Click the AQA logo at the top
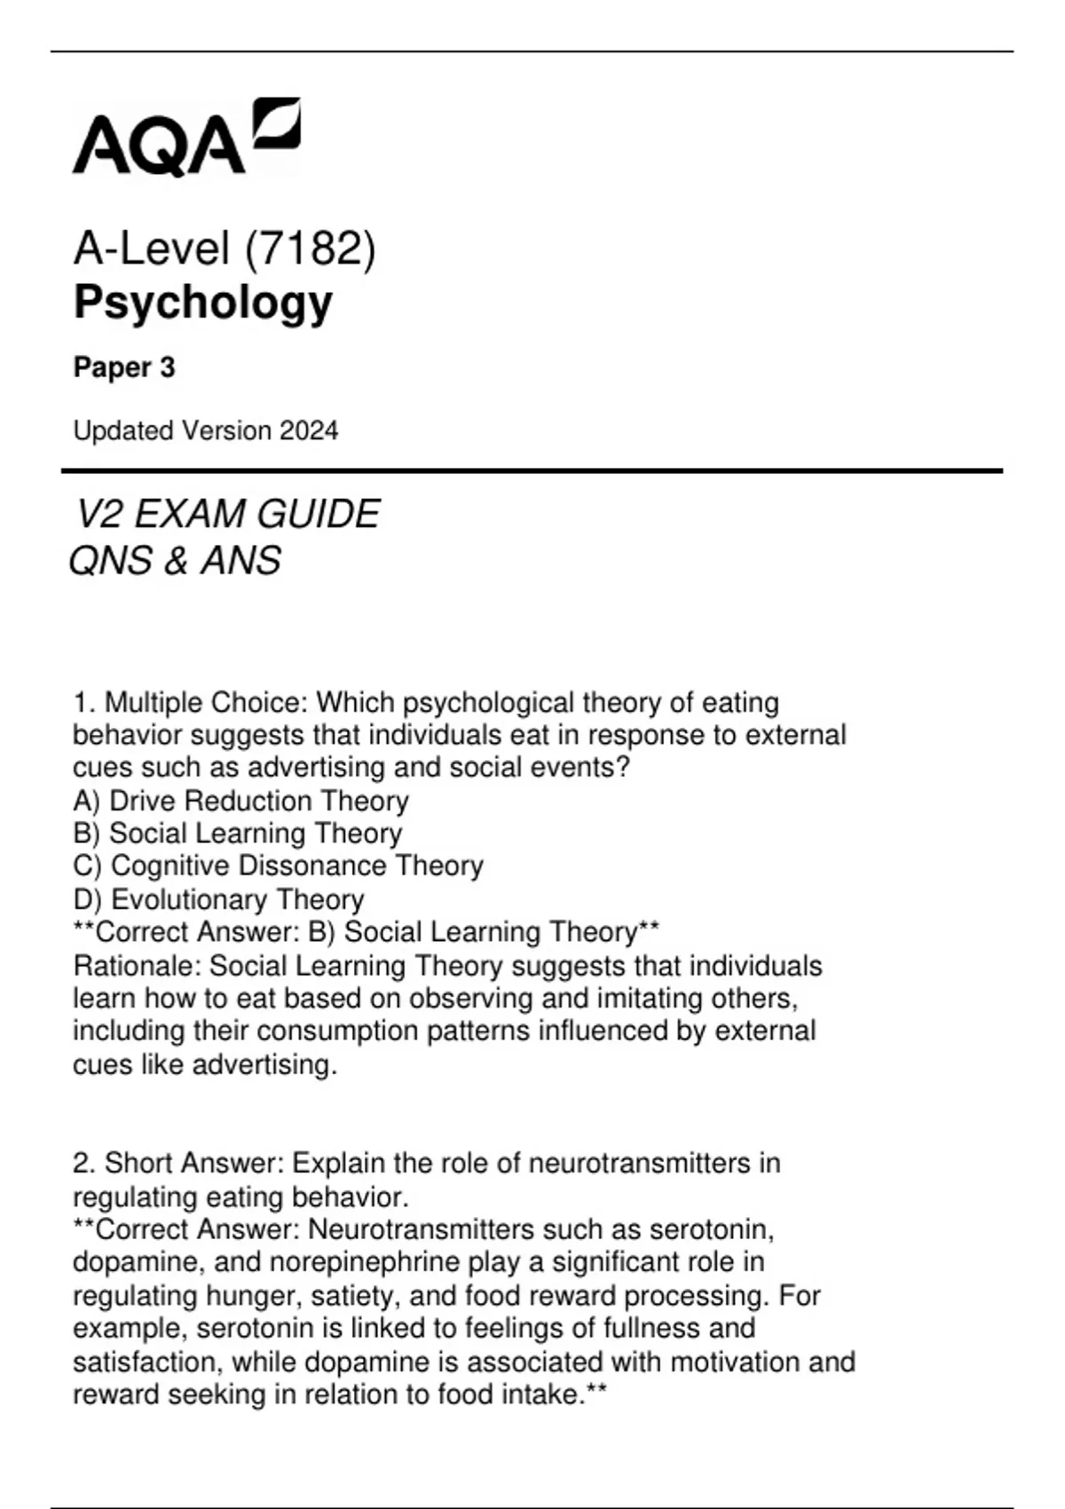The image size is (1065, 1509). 185,138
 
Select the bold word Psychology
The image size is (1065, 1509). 202,303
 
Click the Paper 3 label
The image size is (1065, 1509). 124,367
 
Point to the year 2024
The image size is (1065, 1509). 308,431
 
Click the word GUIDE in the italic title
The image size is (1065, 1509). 329,515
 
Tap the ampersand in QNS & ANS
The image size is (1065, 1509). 176,561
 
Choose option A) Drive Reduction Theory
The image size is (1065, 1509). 241,801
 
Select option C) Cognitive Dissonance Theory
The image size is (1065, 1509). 278,865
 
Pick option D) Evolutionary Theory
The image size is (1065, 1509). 218,899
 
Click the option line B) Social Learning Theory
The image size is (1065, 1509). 237,834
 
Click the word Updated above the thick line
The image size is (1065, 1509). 122,431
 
